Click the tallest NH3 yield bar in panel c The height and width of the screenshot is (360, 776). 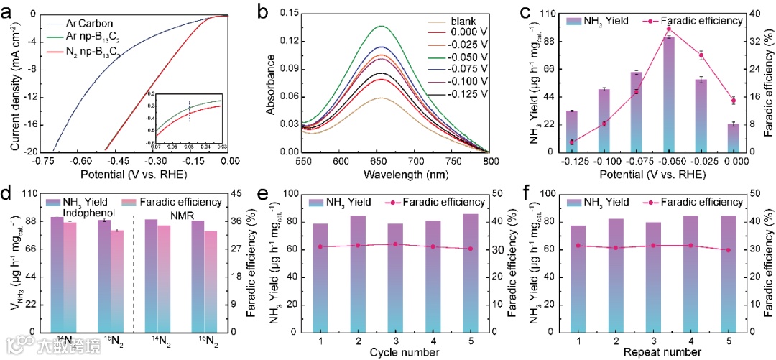(x=669, y=93)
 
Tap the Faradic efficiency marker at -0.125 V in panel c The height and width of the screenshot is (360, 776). (x=572, y=142)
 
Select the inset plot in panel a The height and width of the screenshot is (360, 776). (x=189, y=118)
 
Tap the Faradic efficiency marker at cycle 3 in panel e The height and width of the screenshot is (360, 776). (x=394, y=244)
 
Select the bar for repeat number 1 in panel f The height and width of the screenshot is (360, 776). (x=577, y=278)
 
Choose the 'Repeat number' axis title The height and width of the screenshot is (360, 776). (x=664, y=352)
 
